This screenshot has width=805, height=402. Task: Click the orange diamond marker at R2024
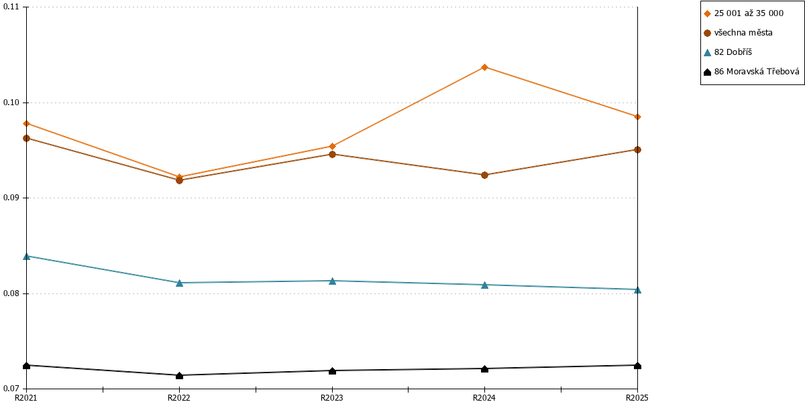click(484, 67)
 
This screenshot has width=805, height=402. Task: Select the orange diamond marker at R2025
click(637, 117)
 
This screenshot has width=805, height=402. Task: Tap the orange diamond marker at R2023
click(333, 146)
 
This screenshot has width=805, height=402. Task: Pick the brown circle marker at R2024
click(484, 175)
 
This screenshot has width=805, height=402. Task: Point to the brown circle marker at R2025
click(637, 149)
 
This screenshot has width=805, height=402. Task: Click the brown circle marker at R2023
click(333, 154)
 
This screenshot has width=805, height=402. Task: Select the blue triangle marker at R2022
click(179, 283)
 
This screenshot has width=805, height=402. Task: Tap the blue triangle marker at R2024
click(484, 285)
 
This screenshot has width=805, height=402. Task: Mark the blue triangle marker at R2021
click(26, 256)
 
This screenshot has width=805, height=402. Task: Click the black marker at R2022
click(179, 375)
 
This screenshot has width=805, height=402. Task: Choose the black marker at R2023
click(333, 371)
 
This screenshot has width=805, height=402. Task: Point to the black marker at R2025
click(637, 366)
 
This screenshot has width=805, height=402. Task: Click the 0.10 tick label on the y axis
click(11, 103)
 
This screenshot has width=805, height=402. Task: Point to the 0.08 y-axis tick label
click(11, 293)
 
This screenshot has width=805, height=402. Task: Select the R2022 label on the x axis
click(179, 398)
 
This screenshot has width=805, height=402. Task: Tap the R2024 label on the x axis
click(484, 398)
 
